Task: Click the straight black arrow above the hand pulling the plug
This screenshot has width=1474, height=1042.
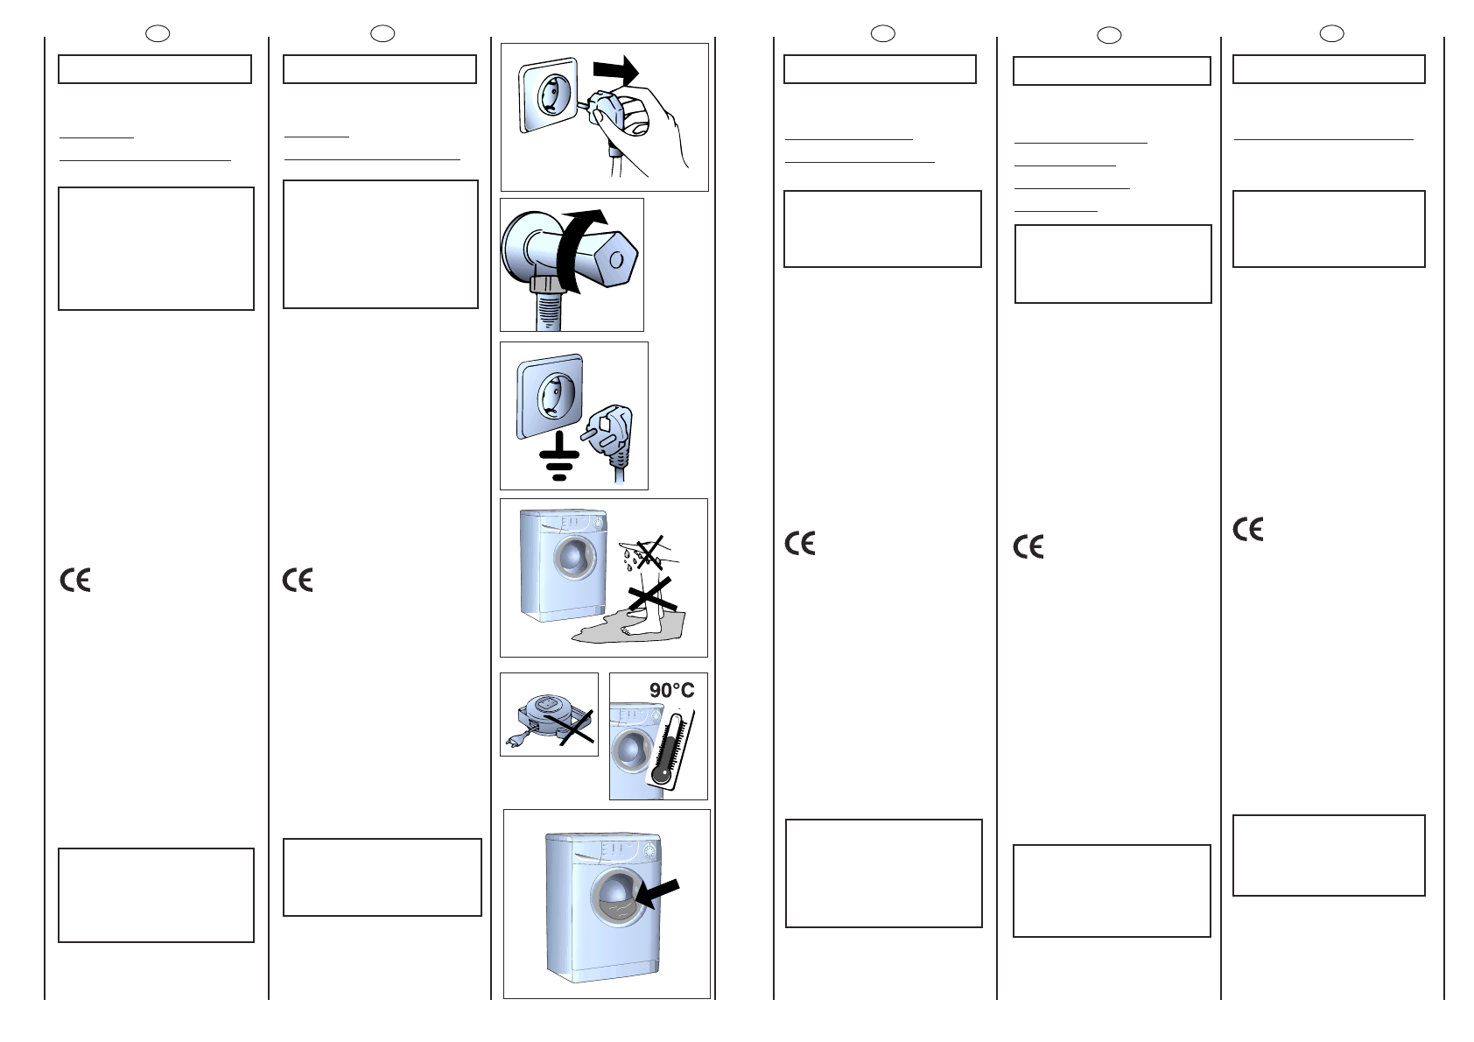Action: [616, 70]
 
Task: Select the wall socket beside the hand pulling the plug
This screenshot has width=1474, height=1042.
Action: [548, 95]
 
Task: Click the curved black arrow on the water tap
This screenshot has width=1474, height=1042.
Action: [579, 251]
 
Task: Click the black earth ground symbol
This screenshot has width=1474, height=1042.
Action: [558, 456]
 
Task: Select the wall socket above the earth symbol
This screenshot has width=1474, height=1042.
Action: [550, 396]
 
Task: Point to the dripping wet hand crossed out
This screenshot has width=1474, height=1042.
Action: [649, 552]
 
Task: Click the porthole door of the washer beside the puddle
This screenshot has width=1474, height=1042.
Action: [574, 558]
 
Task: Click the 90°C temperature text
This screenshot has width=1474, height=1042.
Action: [672, 691]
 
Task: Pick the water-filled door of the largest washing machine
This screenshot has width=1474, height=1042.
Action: [619, 898]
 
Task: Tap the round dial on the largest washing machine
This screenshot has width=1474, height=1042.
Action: [650, 850]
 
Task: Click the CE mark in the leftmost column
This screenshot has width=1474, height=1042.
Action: [75, 580]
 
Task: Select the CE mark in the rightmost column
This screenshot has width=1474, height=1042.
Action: [1247, 529]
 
